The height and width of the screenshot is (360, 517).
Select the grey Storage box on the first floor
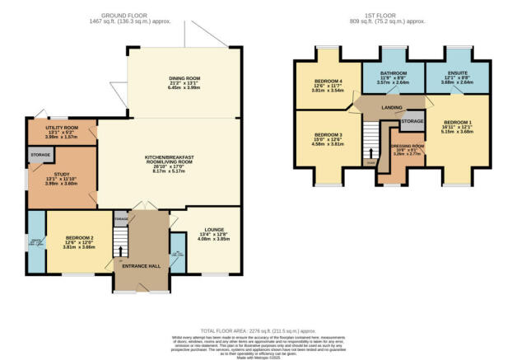[412, 121]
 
